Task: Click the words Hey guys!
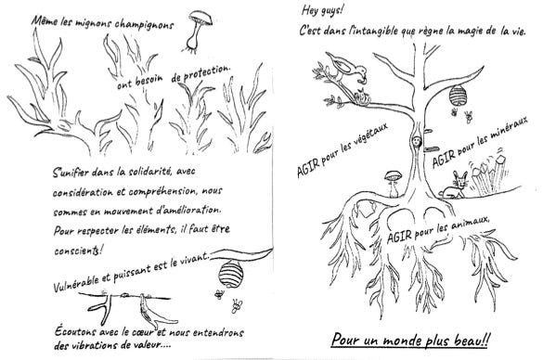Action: pyautogui.click(x=322, y=10)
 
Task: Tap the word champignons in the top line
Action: pyautogui.click(x=144, y=25)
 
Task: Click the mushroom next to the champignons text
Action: pyautogui.click(x=199, y=32)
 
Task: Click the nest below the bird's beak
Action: pyautogui.click(x=361, y=96)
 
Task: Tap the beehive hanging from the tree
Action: pyautogui.click(x=458, y=95)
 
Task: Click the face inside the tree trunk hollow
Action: pyautogui.click(x=416, y=141)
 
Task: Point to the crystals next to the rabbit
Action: pyautogui.click(x=489, y=174)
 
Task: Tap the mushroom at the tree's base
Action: pyautogui.click(x=394, y=184)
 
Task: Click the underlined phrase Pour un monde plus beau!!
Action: pyautogui.click(x=410, y=340)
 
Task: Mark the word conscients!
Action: pyautogui.click(x=79, y=251)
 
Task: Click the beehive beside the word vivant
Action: pyautogui.click(x=230, y=274)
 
